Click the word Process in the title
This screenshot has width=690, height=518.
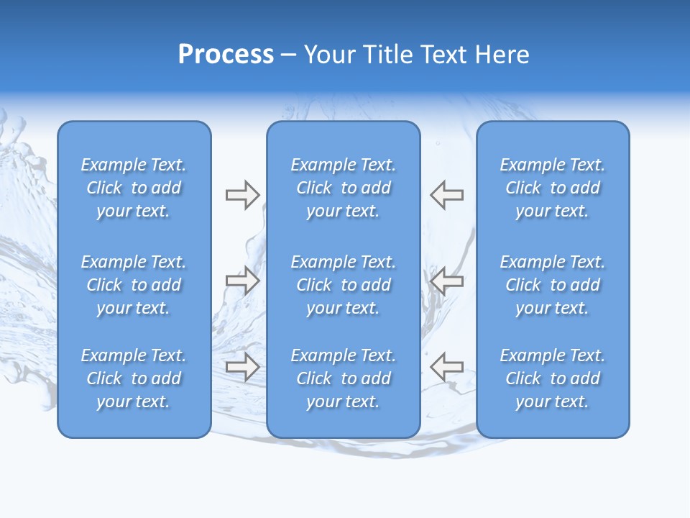[x=226, y=54]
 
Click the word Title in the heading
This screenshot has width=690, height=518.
[x=386, y=54]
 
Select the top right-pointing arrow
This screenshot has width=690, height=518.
[x=242, y=195]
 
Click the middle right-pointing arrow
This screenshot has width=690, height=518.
[x=242, y=280]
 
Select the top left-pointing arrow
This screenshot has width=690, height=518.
[x=447, y=195]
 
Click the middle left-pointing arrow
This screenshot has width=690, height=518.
[x=447, y=280]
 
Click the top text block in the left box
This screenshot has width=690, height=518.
[x=134, y=188]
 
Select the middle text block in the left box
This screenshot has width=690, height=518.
[x=134, y=285]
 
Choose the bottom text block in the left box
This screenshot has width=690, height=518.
[x=134, y=378]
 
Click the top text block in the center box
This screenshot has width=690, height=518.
[x=344, y=188]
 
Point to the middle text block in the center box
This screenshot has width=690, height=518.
[x=344, y=285]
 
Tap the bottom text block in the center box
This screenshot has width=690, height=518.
[x=344, y=378]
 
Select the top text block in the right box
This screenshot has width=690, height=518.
[x=553, y=188]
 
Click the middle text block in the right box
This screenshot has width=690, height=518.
[x=553, y=285]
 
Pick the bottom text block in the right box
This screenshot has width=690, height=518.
[x=553, y=378]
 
